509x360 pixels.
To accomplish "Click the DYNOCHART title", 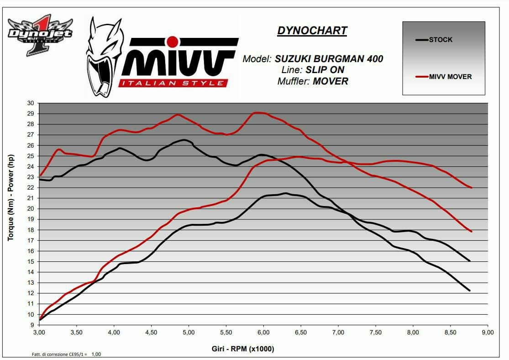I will pos(312,31).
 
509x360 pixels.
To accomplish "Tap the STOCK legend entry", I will pos(441,40).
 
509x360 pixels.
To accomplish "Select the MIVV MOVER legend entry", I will pos(450,76).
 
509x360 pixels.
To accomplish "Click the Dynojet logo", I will pos(40,34).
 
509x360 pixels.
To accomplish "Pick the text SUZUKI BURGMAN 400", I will pos(329,59).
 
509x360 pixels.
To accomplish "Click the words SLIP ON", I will pos(325,70).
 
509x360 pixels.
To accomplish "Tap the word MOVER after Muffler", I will pos(331,81).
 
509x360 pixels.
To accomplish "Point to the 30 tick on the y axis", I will pos(31,103).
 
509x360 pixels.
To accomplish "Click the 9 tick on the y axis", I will pos(32,325).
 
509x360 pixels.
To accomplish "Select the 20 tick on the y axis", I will pos(31,208).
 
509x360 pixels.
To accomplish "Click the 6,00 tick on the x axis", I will pos(263,332).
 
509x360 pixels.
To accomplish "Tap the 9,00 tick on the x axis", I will pos(488,332).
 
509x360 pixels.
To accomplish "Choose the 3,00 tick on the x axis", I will pos(39,332).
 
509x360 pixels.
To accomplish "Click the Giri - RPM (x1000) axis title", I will pos(243,349).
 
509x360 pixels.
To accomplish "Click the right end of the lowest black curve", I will pos(469,291).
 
